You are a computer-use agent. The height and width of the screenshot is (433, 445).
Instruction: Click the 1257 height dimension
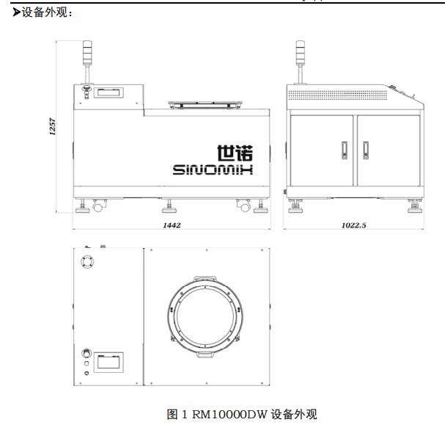click(x=53, y=126)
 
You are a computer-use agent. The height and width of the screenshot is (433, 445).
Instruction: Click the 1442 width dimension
click(x=172, y=225)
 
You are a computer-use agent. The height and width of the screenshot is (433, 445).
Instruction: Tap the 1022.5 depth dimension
click(x=353, y=225)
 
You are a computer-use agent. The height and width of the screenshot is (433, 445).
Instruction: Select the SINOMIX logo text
click(x=213, y=170)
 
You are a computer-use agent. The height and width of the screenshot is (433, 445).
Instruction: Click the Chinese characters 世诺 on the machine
click(x=235, y=153)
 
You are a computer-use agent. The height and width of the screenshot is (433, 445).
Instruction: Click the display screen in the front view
click(x=109, y=92)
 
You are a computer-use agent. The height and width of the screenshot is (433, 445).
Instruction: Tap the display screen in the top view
click(x=109, y=363)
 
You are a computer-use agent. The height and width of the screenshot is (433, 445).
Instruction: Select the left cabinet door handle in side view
click(x=345, y=150)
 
